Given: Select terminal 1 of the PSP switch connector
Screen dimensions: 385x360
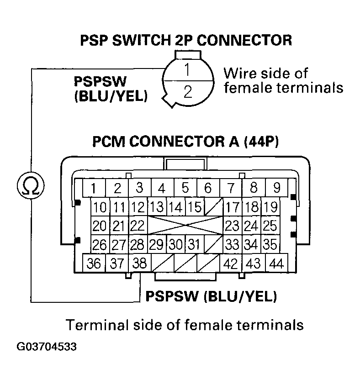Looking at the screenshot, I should click(187, 71).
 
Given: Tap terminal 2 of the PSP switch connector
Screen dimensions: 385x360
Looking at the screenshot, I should click(187, 92).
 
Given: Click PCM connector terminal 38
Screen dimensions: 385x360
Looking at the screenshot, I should click(139, 264).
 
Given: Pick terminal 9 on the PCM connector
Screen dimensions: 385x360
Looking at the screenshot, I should click(277, 188).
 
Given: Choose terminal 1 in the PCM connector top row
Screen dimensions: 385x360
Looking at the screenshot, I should click(93, 188).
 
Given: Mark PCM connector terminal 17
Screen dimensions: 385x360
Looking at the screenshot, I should click(233, 207).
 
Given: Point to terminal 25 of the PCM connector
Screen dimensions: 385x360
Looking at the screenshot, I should click(270, 226).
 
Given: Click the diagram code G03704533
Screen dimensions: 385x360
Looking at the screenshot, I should click(47, 347).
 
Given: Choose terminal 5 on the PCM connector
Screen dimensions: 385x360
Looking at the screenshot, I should click(185, 188).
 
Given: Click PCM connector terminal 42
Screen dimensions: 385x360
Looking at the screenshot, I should click(229, 264).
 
